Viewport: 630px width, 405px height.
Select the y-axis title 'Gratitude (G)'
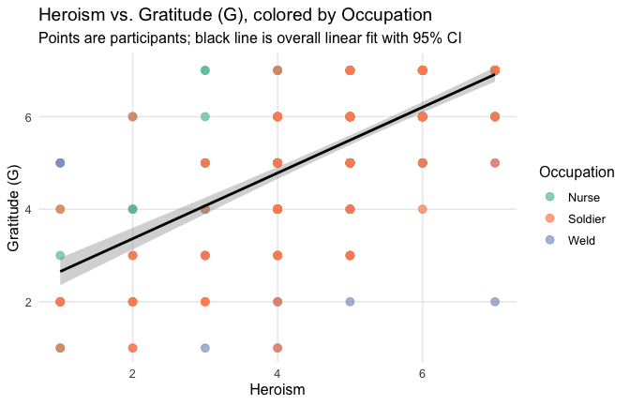point(14,209)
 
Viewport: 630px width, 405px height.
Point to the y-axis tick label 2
point(42,302)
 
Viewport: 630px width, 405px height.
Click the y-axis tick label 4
point(42,209)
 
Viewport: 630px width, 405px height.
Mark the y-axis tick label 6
point(42,117)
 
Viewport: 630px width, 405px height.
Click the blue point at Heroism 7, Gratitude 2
point(495,302)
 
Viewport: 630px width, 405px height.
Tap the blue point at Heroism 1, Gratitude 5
point(60,163)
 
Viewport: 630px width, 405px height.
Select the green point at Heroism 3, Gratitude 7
point(205,70)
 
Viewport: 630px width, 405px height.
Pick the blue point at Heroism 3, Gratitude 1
point(205,348)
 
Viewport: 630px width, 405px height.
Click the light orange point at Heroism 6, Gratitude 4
point(423,209)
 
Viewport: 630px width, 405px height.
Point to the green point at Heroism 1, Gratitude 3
point(60,255)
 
